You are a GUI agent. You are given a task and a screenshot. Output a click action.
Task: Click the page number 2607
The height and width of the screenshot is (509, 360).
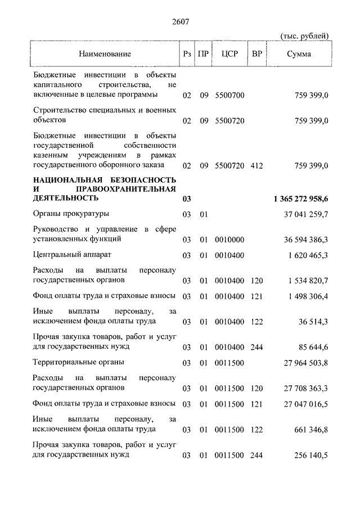tap(180, 22)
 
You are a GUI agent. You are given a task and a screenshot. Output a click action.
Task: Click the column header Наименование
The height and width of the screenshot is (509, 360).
tap(105, 54)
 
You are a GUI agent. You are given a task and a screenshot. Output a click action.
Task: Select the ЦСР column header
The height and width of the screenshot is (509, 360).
tap(229, 54)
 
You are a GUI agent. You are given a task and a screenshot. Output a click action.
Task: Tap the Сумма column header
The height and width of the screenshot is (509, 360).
tap(299, 54)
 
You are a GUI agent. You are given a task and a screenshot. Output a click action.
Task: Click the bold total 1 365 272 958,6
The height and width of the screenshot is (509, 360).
tap(301, 199)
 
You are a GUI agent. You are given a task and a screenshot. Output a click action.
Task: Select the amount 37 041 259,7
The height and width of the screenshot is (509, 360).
tap(307, 214)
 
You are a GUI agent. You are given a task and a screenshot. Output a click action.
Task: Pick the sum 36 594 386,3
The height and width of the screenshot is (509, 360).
tap(307, 239)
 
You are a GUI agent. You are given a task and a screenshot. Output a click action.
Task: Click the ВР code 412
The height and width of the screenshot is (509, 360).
tap(257, 165)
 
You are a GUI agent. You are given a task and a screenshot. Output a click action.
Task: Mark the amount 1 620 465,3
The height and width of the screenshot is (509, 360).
tap(308, 255)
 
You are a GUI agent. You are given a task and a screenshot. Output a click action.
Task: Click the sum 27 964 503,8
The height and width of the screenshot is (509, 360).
tap(307, 363)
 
